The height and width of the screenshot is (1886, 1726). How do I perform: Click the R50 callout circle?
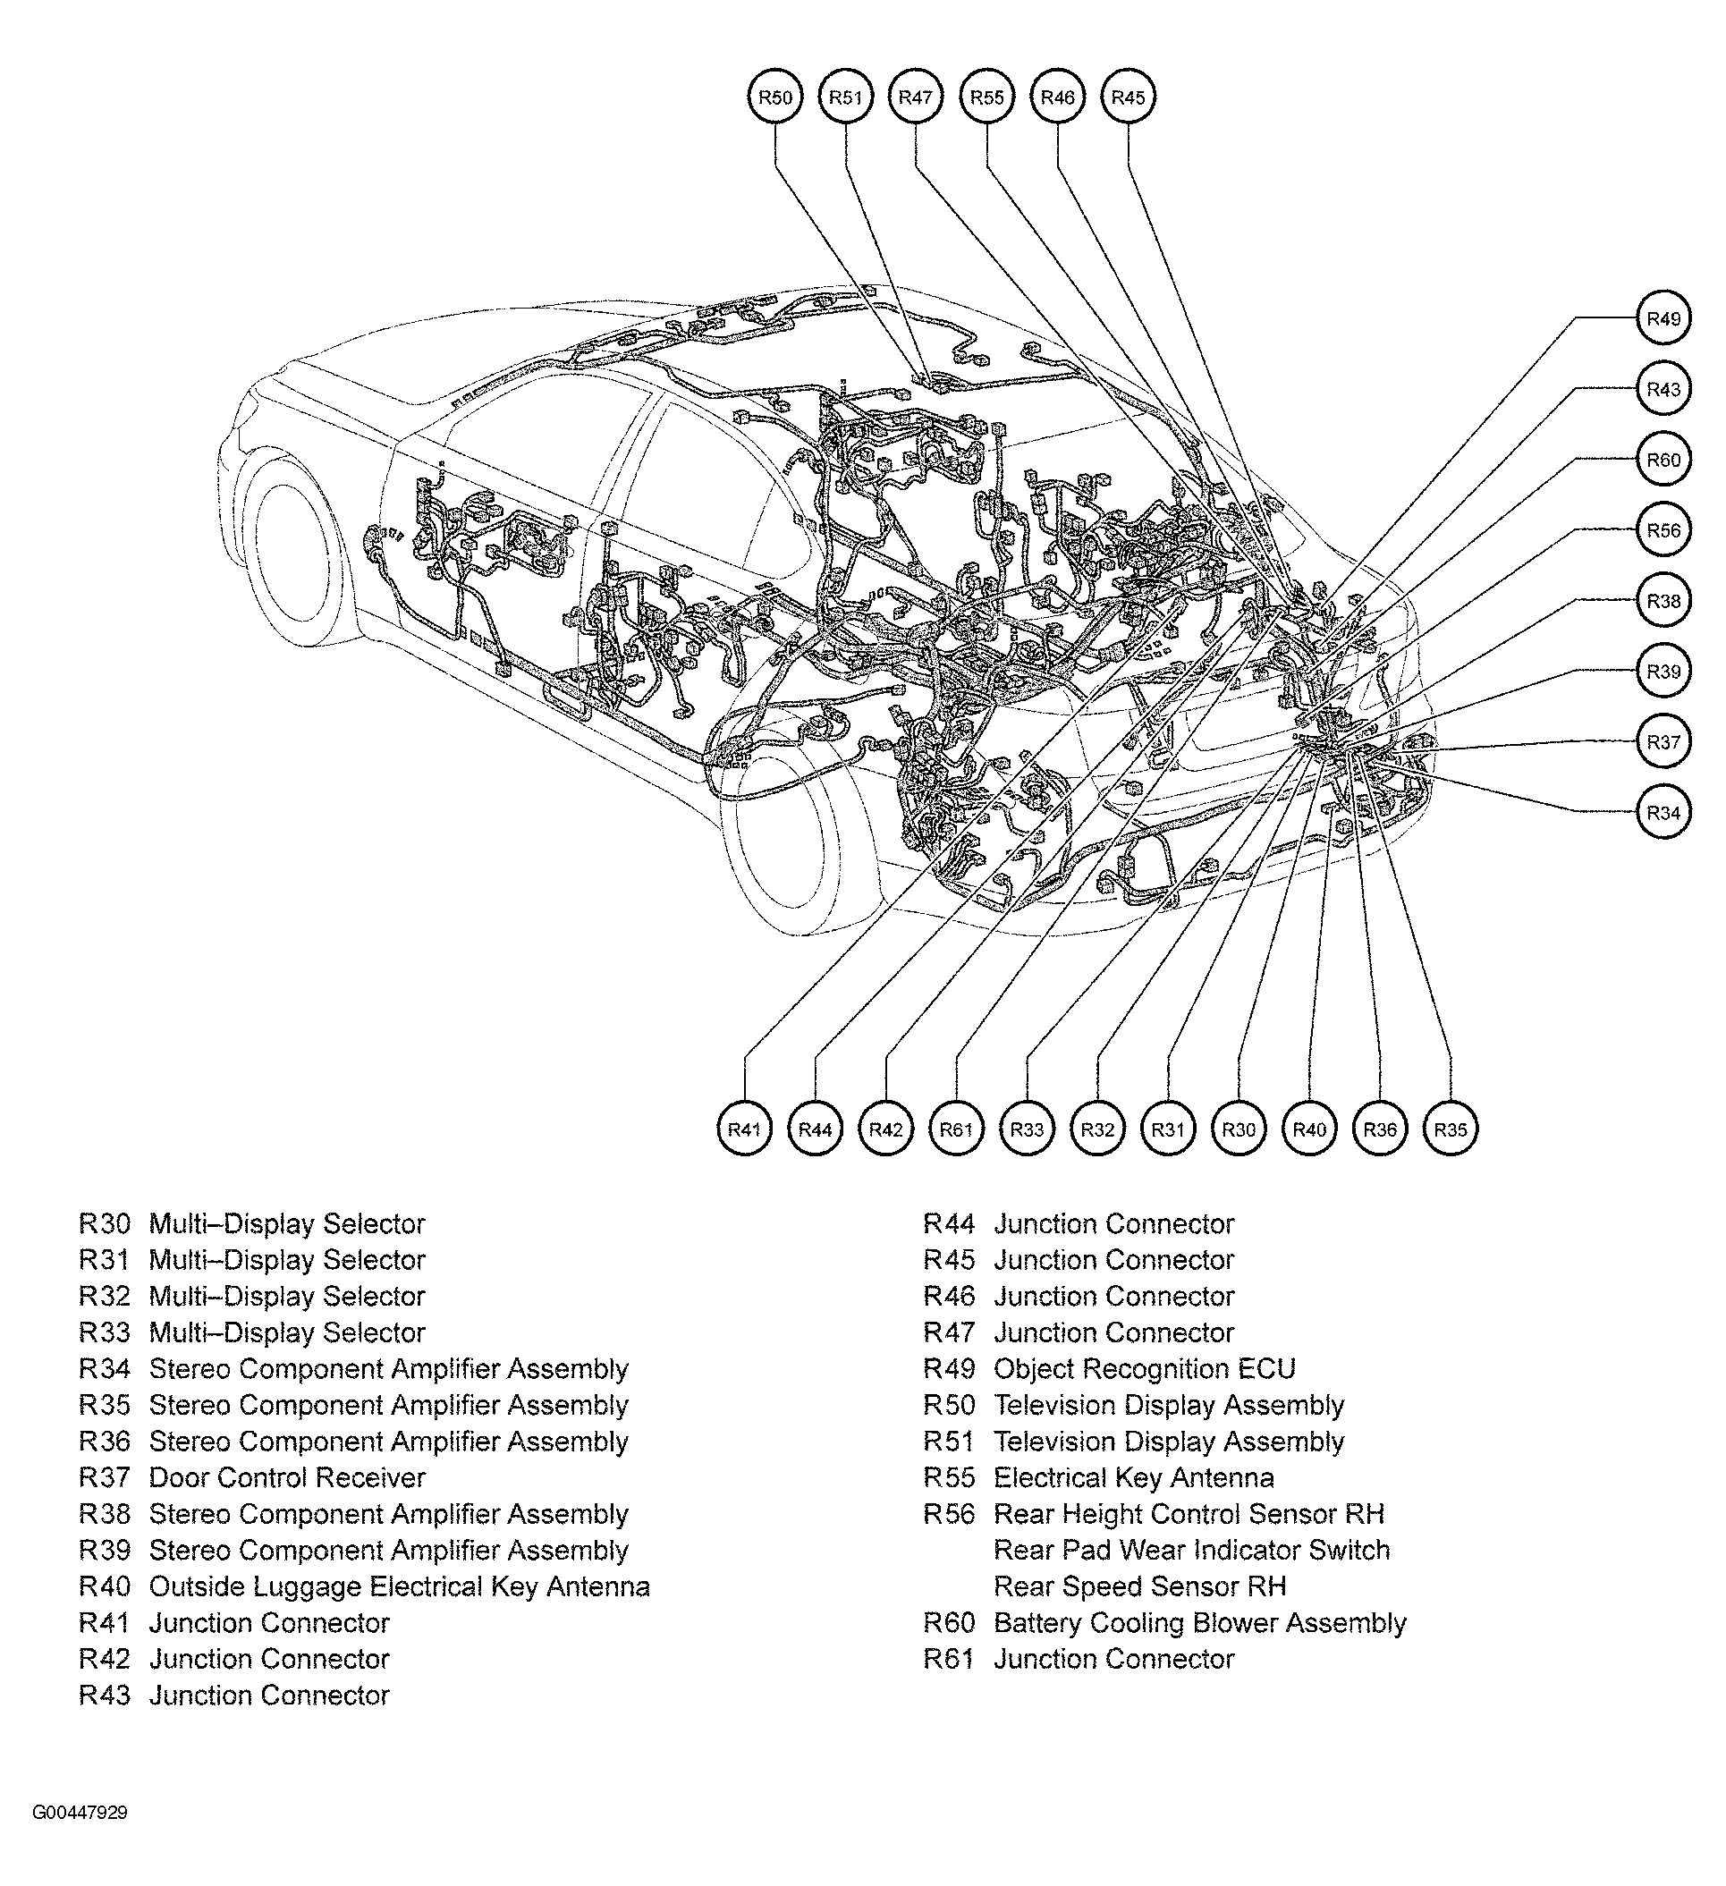click(775, 97)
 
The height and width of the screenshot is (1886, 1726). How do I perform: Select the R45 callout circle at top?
click(1129, 97)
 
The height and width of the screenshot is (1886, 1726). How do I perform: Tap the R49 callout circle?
click(1663, 319)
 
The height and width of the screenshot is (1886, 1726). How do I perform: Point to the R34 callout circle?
click(1663, 813)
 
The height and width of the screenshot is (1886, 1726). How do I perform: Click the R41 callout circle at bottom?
click(745, 1129)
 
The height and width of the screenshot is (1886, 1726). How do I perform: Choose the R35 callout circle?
click(1450, 1129)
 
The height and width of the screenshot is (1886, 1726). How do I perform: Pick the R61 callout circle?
click(956, 1129)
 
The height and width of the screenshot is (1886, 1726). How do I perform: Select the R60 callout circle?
click(1663, 461)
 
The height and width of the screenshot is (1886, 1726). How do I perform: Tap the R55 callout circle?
click(987, 97)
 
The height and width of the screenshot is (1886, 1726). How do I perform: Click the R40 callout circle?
click(1308, 1129)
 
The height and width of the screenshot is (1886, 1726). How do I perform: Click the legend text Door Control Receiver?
click(287, 1477)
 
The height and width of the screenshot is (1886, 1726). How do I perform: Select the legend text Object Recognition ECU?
click(1144, 1368)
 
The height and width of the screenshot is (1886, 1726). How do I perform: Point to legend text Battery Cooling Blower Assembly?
click(1199, 1622)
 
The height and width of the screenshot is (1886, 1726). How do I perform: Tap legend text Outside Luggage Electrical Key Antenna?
click(400, 1586)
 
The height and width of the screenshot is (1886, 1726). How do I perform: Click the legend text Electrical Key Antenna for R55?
click(1133, 1477)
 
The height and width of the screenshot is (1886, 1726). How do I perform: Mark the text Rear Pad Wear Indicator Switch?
click(1191, 1550)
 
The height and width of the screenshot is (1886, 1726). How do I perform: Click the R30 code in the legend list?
click(104, 1223)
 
